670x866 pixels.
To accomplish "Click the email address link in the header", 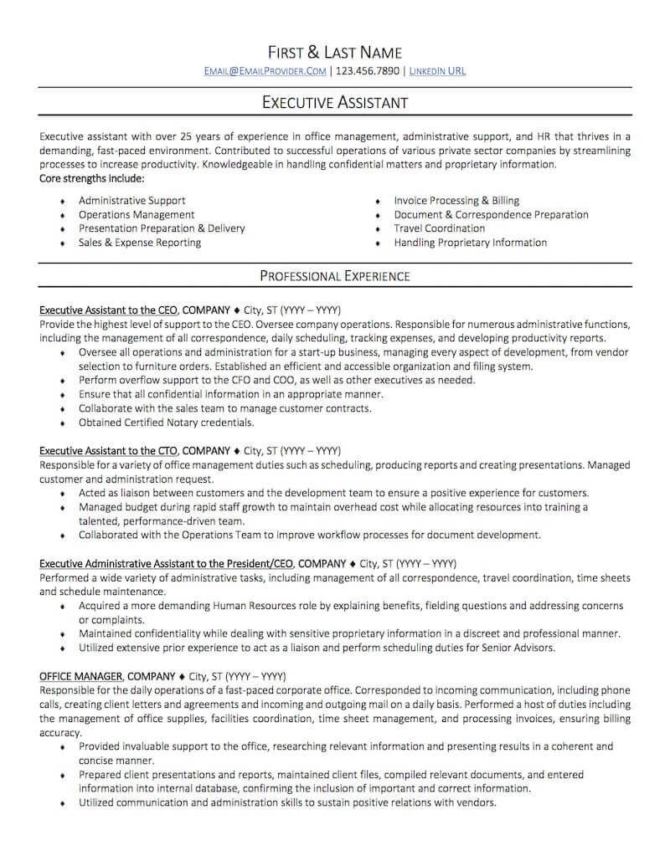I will point(265,71).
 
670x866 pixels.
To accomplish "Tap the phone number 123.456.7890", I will point(367,71).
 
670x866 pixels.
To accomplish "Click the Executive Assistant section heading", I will point(335,102).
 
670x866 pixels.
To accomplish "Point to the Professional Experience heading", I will point(335,275).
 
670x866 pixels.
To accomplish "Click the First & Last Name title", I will point(335,52).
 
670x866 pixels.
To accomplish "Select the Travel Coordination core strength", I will point(439,228).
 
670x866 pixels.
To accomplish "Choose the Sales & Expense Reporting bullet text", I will point(140,243).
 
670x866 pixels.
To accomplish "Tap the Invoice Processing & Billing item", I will point(456,201).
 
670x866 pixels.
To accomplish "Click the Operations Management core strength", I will point(137,215).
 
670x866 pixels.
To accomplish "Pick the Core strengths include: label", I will point(92,179).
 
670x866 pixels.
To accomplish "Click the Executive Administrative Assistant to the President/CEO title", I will point(167,563).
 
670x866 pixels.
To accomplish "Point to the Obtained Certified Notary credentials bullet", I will point(166,423).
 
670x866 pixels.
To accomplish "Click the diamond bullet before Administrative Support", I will point(62,202).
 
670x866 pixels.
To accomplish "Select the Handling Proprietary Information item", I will point(470,243).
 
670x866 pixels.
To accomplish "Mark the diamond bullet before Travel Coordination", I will point(378,229).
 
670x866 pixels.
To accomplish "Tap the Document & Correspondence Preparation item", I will point(491,215).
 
